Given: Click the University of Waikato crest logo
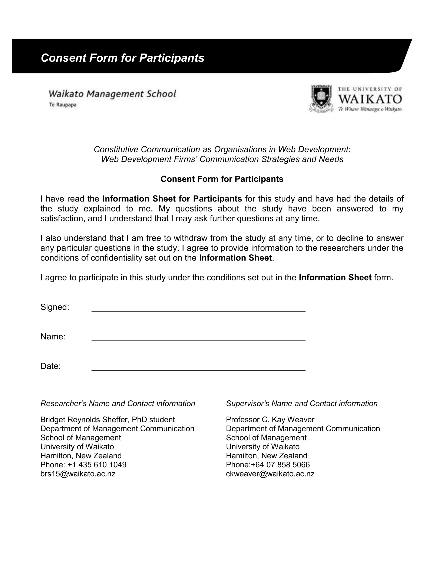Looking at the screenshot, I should click(321, 99).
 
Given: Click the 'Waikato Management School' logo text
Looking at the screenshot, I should click(112, 94).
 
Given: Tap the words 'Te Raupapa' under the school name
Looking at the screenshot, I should click(63, 105).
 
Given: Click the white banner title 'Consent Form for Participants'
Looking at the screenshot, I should click(122, 58).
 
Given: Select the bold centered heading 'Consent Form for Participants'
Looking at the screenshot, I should click(222, 179).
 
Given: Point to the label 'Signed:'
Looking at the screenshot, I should click(55, 307).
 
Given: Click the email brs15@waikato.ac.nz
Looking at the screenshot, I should click(78, 474).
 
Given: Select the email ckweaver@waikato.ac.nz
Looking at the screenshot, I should click(270, 474).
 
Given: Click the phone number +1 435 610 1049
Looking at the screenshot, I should click(97, 465).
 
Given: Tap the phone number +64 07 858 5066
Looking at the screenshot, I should click(280, 465).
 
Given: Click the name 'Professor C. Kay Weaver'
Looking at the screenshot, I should click(270, 420).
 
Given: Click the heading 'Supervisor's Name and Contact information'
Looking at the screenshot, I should click(302, 404).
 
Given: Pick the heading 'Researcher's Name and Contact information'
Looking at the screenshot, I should click(118, 404).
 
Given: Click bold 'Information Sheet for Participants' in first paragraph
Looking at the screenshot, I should click(172, 199).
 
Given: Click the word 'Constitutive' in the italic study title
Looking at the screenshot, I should click(116, 149).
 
